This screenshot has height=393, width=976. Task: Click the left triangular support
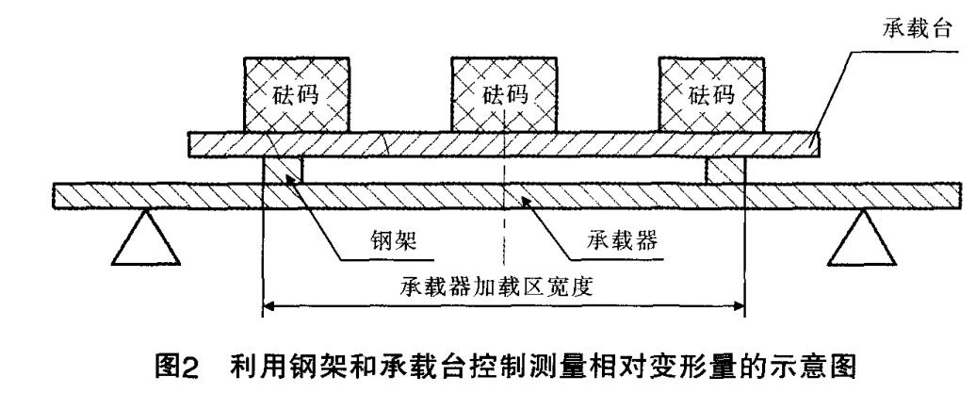point(144,240)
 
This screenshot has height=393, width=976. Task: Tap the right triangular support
point(860,240)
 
